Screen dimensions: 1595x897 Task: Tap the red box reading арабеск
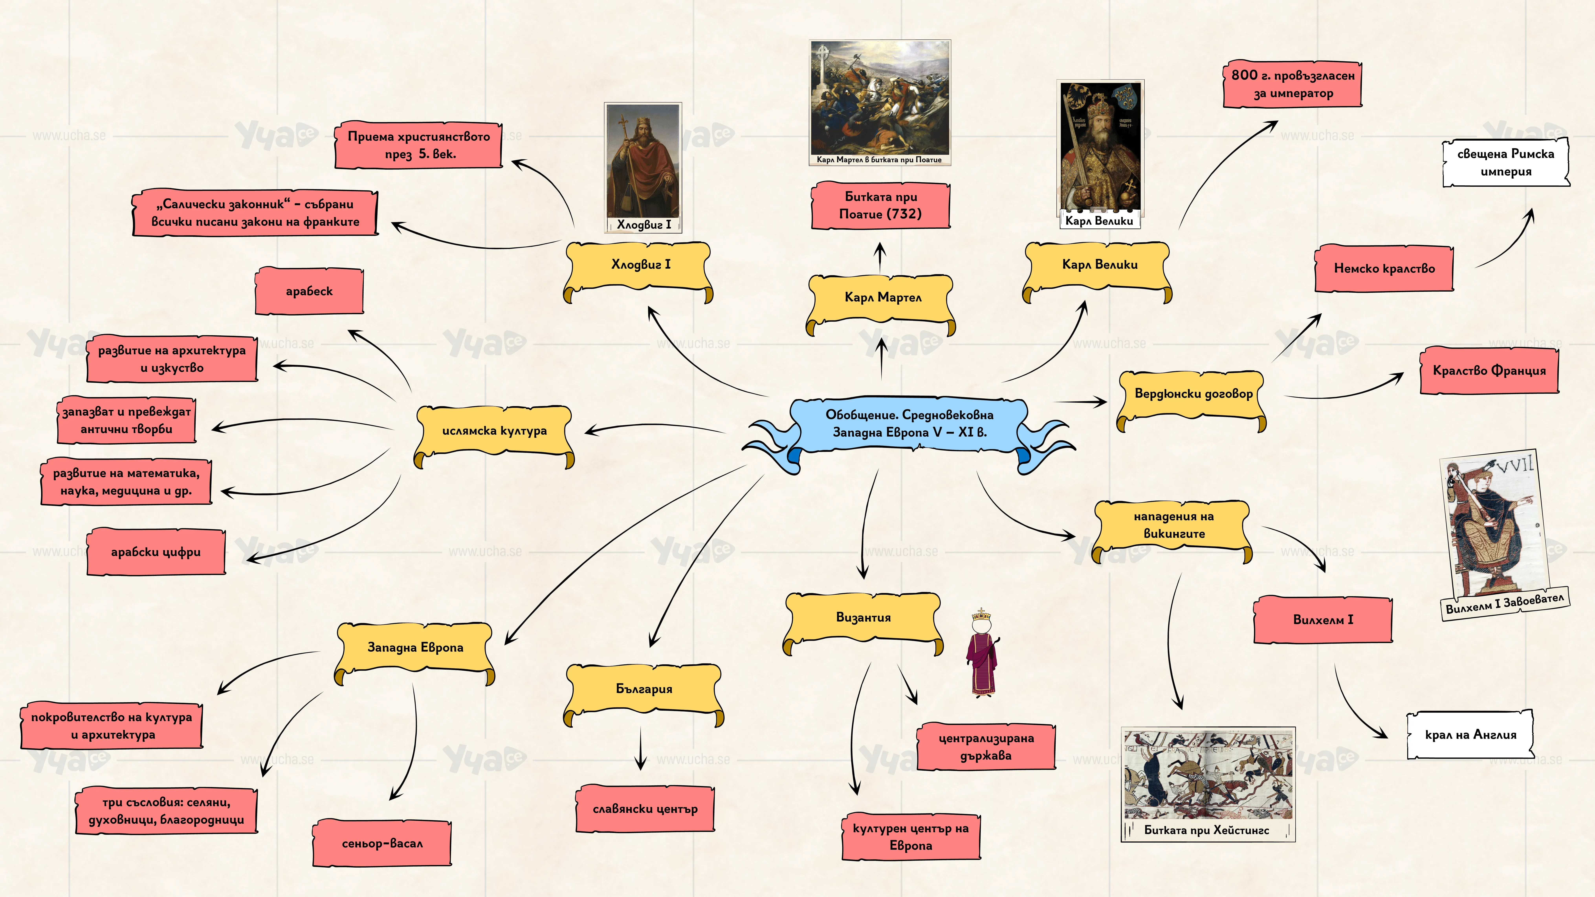[309, 291]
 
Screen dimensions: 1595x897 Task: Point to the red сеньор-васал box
[382, 843]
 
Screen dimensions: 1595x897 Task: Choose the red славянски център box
[645, 808]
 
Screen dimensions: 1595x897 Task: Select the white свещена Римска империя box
[1506, 162]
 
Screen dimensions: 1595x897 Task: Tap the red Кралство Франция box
[1489, 370]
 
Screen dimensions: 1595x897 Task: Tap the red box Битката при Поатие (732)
[880, 205]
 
